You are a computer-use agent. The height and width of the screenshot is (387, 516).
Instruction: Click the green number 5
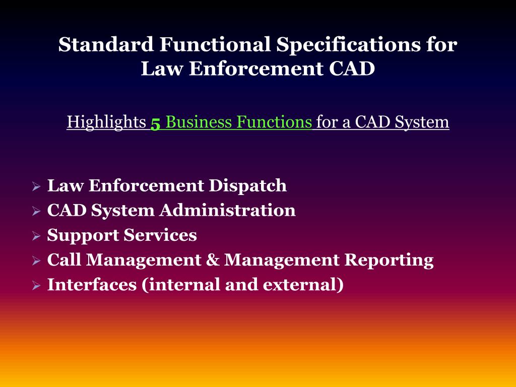tap(155, 123)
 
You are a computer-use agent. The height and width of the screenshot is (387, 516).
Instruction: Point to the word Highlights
tap(106, 122)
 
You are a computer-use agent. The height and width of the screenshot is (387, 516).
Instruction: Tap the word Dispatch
tap(248, 185)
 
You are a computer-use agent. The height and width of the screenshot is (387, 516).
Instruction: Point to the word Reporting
tap(389, 260)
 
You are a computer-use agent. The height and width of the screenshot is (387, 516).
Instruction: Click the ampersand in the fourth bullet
tap(212, 260)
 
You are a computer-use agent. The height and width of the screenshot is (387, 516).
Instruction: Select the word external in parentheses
tap(303, 285)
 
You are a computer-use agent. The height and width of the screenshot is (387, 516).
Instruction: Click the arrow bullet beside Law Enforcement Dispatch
tap(36, 186)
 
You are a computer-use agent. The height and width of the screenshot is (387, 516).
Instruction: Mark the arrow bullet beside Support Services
tap(36, 236)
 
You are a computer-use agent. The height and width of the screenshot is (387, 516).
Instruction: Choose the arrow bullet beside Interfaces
tap(36, 286)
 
